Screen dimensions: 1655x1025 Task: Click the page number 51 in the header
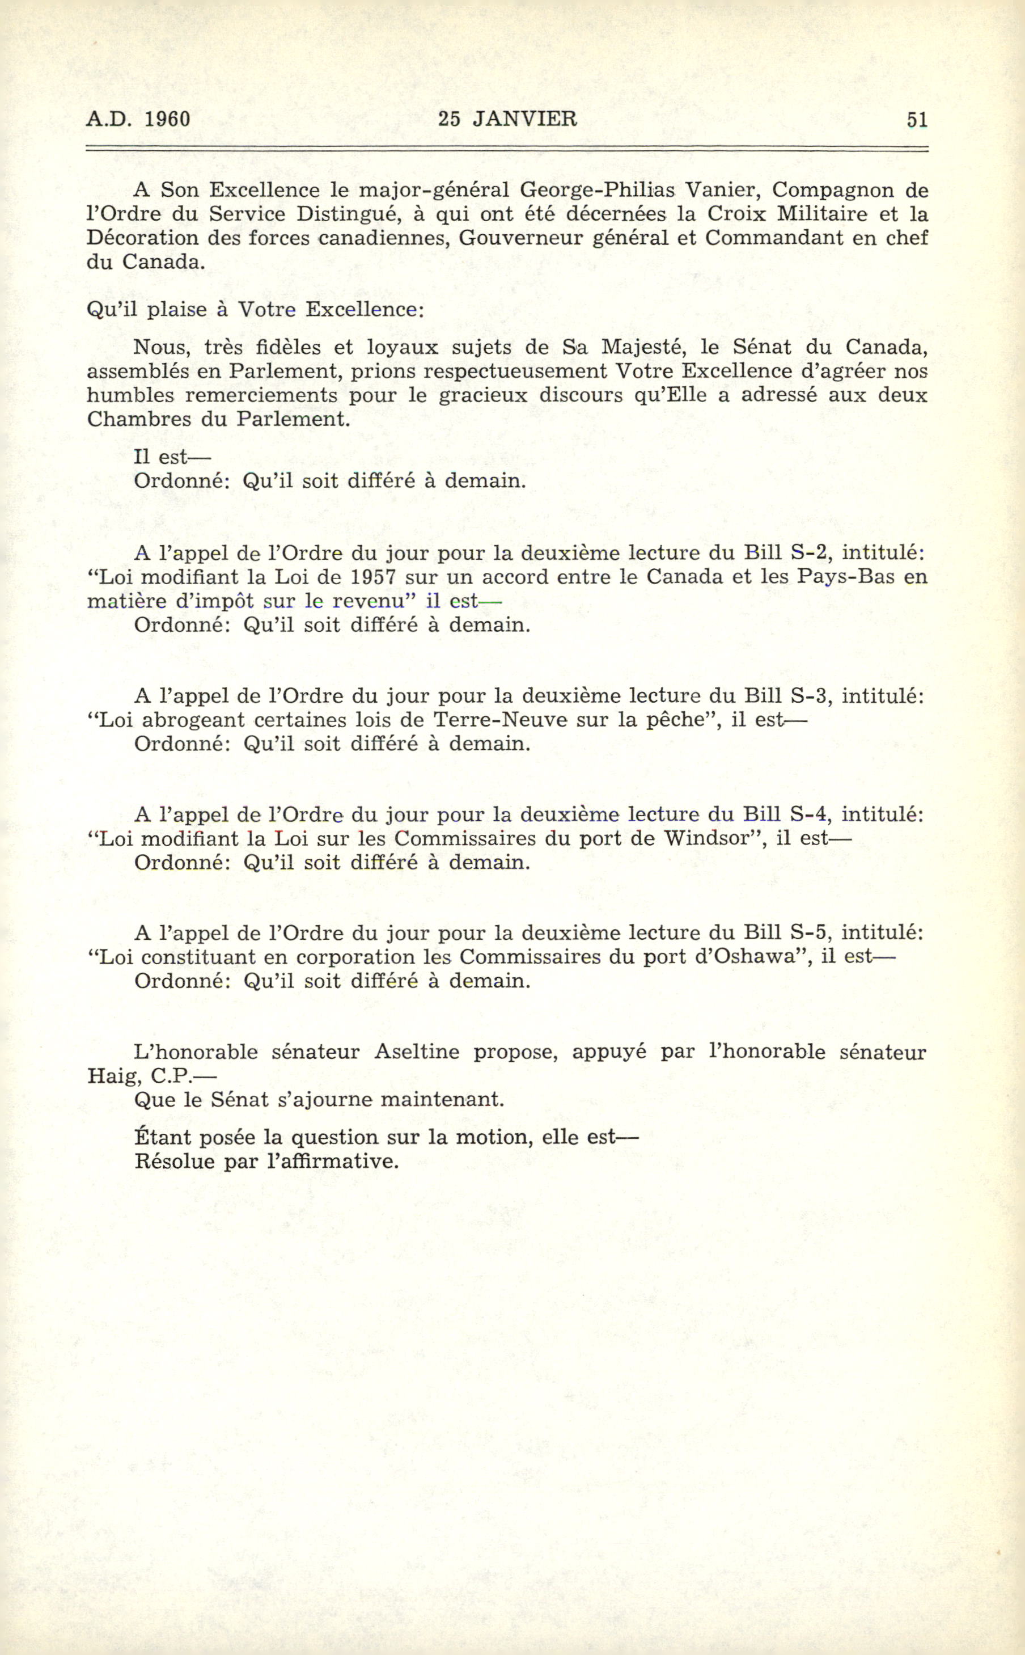coord(917,120)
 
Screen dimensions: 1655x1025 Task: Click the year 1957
coord(373,577)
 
